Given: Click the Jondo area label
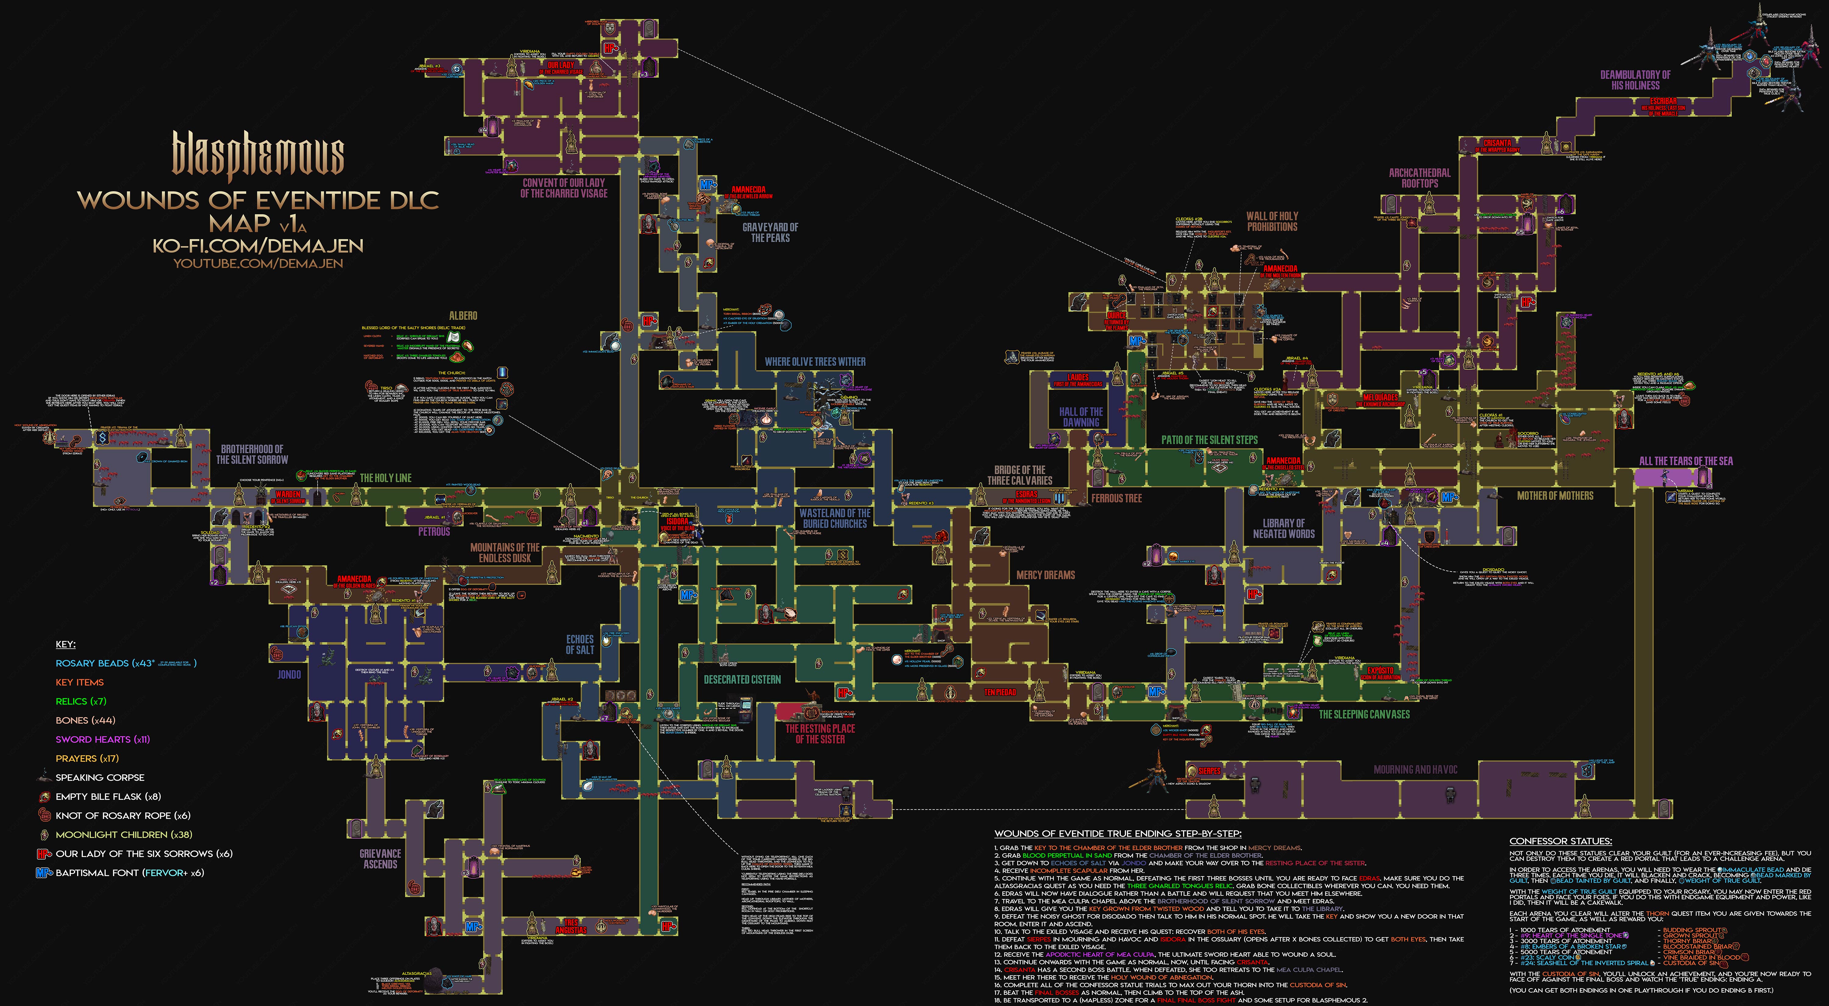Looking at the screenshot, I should [289, 674].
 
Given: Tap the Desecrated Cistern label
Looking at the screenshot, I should [742, 680].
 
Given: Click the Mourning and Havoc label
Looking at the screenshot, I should [1415, 769].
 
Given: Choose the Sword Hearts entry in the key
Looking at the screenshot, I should [103, 739].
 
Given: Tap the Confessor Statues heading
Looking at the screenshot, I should [1561, 841].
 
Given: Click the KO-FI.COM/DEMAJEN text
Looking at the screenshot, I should [258, 246].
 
